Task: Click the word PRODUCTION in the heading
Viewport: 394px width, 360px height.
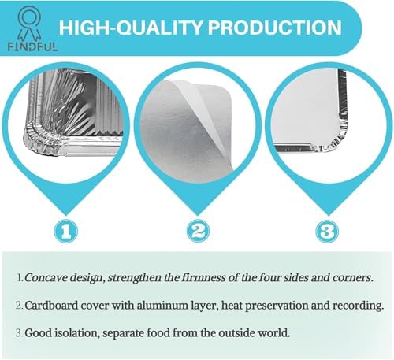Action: coord(274,28)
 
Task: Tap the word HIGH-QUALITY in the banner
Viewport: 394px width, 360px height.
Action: coord(131,28)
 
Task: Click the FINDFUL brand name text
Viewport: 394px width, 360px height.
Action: coord(32,46)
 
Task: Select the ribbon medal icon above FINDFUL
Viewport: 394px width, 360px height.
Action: coord(29,24)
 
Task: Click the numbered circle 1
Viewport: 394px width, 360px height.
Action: coord(65,231)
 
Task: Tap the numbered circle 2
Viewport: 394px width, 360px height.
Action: coord(198,231)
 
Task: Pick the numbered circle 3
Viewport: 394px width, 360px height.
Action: coord(327,232)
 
